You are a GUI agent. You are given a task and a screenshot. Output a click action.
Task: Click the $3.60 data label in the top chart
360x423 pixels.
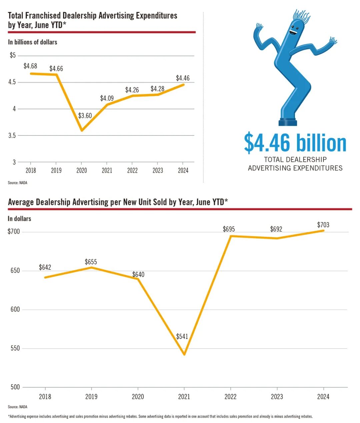coord(85,116)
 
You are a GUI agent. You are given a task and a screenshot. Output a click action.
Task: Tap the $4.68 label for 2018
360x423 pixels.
coord(30,66)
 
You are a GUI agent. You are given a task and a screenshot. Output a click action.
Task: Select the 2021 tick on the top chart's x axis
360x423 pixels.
coord(107,170)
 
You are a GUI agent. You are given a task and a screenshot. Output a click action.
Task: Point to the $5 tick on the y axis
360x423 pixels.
coord(13,55)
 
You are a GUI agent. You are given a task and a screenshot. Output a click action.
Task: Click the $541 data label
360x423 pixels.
coord(182,336)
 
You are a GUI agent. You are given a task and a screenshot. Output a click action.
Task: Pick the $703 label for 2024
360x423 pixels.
coord(323,225)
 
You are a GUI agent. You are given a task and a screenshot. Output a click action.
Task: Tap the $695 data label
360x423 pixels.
coord(229,229)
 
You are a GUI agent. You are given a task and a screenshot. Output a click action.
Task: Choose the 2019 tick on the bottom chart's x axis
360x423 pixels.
coord(91,397)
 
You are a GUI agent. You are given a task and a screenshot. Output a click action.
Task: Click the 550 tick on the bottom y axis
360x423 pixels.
coord(15,348)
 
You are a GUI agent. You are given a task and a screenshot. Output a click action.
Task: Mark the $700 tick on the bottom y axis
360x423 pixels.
coord(14,232)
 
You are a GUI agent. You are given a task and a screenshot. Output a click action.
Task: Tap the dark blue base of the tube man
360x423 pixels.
coord(288,122)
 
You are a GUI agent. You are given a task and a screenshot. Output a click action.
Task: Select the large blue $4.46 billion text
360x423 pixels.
coord(295,143)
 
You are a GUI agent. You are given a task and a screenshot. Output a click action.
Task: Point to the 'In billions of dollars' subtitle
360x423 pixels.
coord(33,42)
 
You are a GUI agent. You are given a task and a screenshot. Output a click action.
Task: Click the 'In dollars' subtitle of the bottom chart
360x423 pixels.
coord(19,219)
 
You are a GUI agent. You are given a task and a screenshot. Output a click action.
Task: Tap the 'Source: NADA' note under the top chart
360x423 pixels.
coord(18,183)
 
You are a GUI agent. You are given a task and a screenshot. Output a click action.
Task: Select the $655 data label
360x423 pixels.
coord(91,262)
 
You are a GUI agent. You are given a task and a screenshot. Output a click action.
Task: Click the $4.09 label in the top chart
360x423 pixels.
coord(107,98)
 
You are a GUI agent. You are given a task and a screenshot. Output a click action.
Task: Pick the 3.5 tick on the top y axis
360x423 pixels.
coord(12,135)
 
